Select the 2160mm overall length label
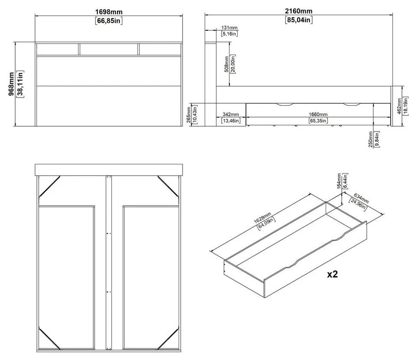[299, 11]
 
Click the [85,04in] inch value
[299, 20]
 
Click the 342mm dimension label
[230, 115]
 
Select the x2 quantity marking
[333, 274]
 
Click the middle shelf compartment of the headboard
[109, 49]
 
